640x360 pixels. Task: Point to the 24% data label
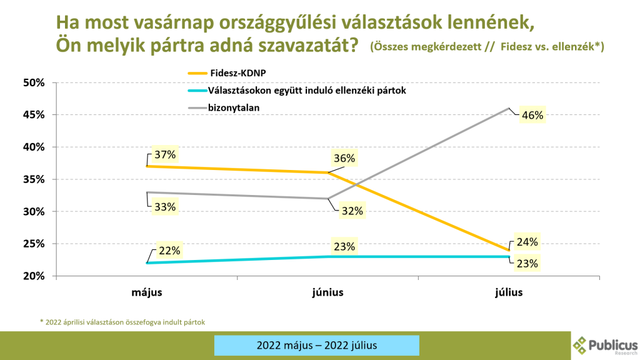tap(527, 242)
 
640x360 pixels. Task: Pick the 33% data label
tap(165, 206)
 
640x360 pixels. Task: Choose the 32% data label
tap(352, 211)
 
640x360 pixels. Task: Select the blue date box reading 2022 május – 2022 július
tap(316, 345)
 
